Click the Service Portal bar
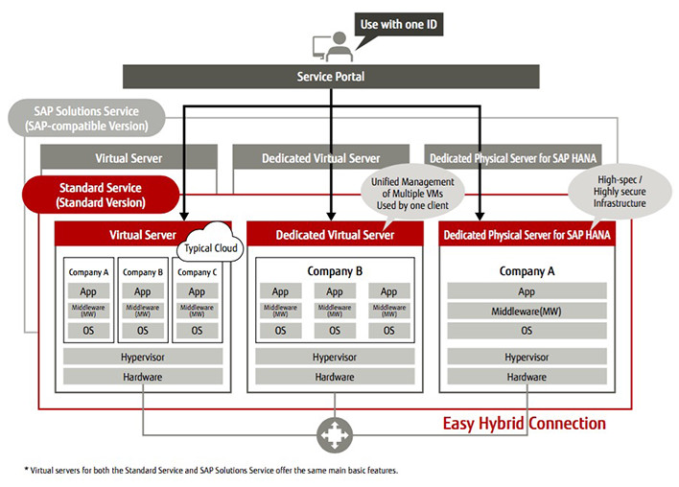point(331,77)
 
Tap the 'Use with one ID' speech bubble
point(398,25)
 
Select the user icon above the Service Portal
point(334,46)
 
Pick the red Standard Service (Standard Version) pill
point(101,195)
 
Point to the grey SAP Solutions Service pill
point(86,118)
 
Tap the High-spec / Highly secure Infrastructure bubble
point(620,192)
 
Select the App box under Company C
point(197,291)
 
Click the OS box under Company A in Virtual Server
point(88,331)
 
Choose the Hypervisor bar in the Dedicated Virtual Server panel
point(335,358)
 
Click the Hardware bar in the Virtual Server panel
point(143,377)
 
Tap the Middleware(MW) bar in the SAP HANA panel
point(527,312)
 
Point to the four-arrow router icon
point(335,434)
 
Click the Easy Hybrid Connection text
point(524,424)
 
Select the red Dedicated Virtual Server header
point(335,234)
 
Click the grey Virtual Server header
point(129,157)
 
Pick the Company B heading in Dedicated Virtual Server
point(335,271)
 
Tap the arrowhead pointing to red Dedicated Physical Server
point(480,216)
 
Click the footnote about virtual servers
point(211,470)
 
